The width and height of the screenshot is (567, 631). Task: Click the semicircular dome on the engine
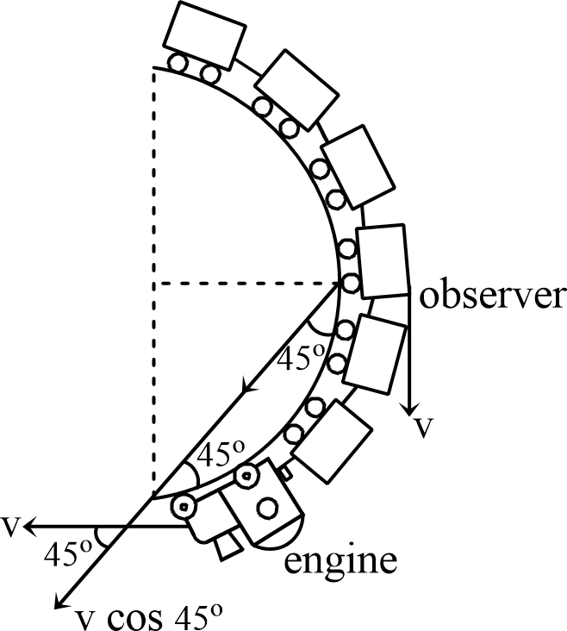(284, 534)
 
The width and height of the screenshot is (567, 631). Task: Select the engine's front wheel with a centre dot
(184, 506)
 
